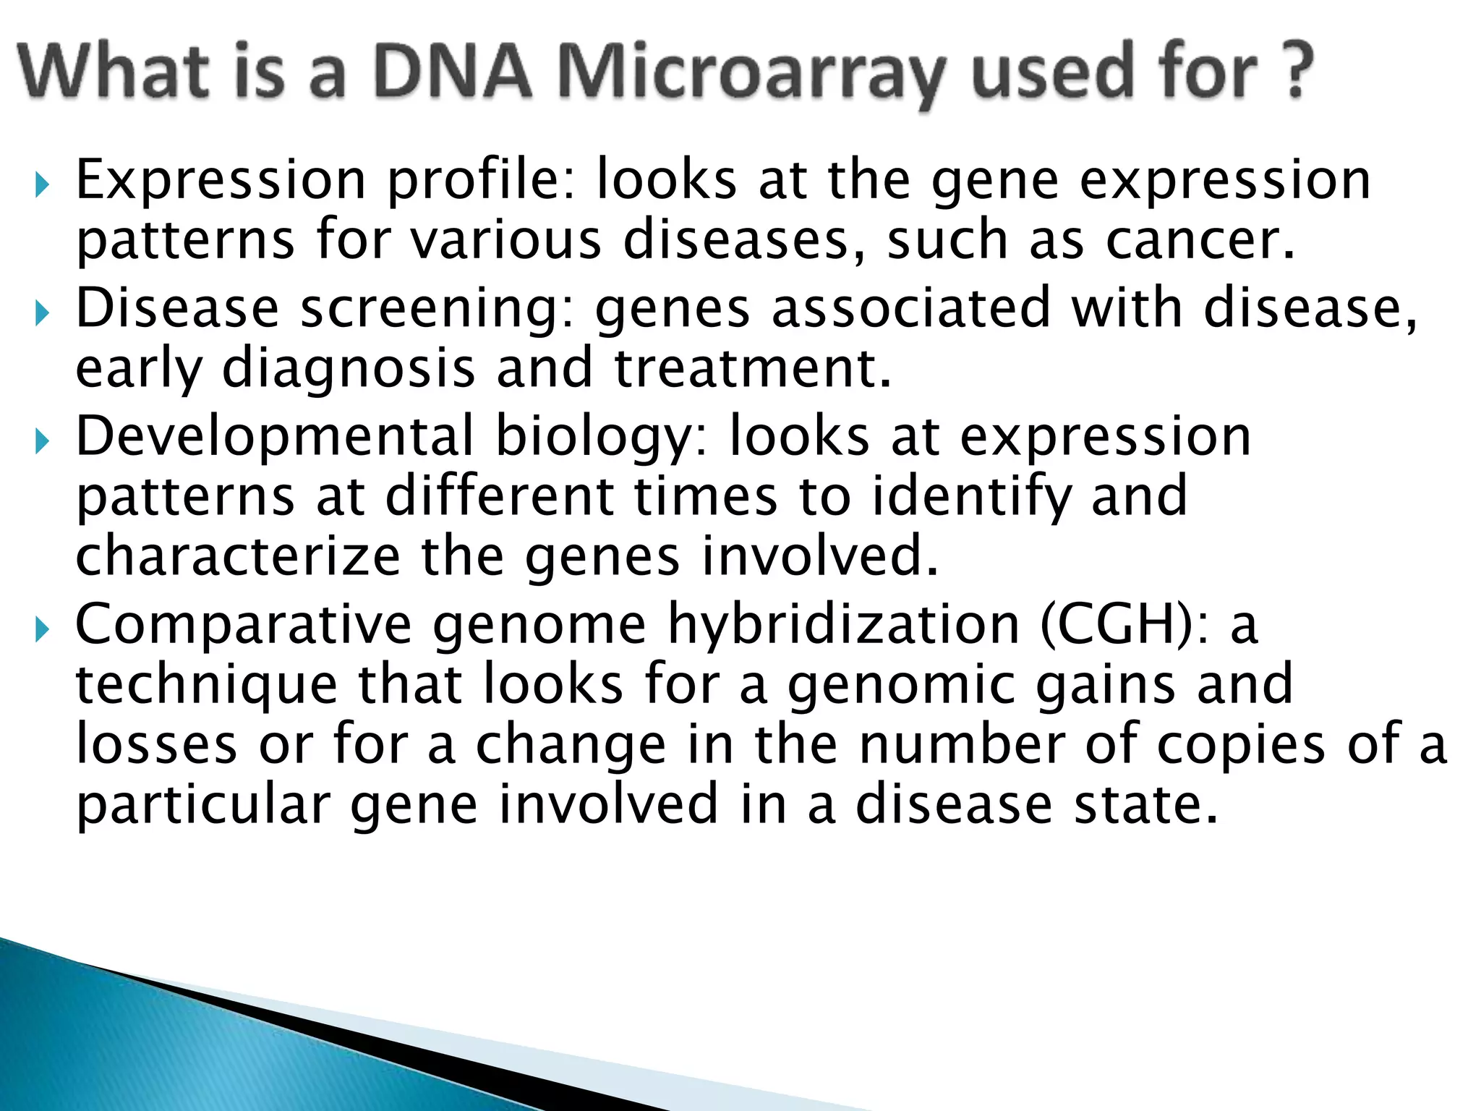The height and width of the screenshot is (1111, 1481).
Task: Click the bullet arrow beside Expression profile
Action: (42, 185)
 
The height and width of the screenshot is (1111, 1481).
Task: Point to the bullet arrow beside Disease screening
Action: (42, 314)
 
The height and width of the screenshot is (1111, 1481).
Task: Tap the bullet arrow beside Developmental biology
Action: (42, 440)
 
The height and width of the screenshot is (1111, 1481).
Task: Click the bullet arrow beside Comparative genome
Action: (42, 630)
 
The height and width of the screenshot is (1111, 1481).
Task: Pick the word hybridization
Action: (842, 625)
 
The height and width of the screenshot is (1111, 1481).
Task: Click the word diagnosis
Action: (349, 369)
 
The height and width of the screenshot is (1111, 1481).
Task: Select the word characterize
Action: (238, 557)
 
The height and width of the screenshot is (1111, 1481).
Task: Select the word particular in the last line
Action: (203, 806)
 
